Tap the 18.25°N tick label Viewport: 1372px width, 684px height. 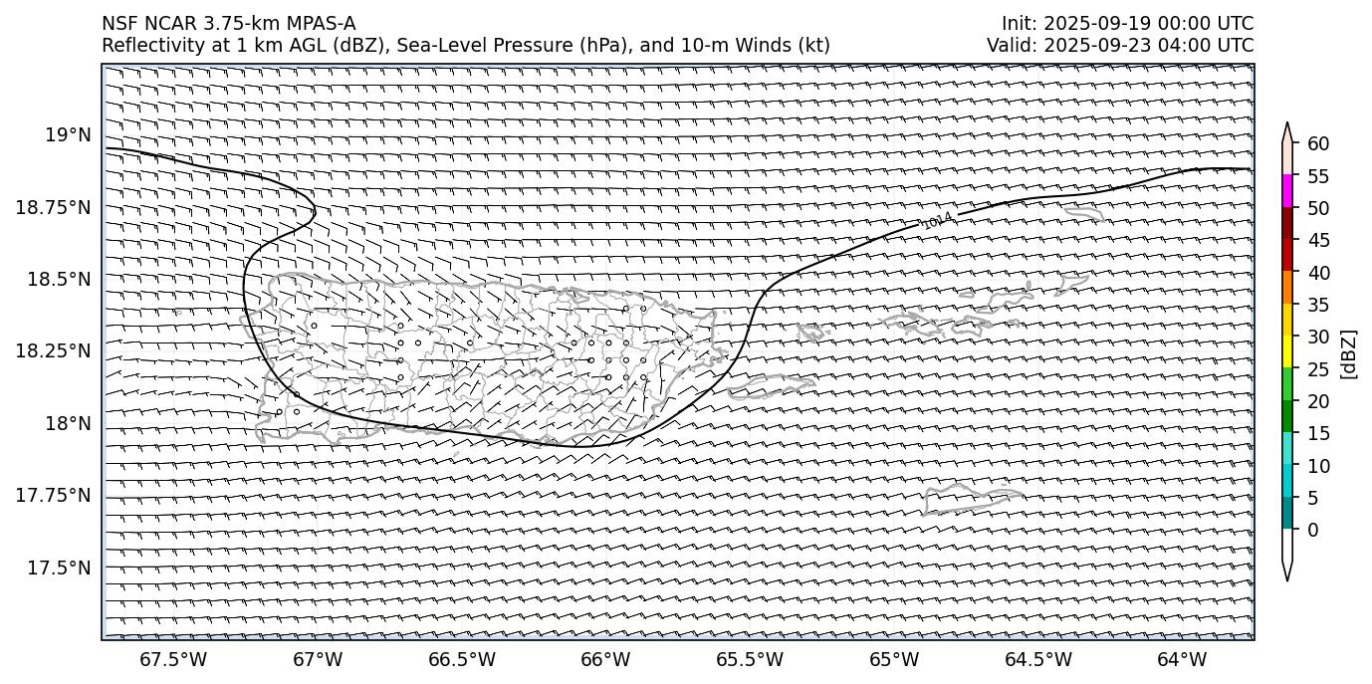[54, 351]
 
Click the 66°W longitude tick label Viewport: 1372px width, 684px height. [605, 660]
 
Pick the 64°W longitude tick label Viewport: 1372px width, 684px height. [1182, 660]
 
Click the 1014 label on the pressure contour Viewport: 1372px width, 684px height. [937, 220]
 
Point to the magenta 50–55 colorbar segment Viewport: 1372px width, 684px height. [1287, 191]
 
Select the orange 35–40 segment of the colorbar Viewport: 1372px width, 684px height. [1287, 288]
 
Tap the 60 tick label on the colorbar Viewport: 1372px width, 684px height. [1318, 144]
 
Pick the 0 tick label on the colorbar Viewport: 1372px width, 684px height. [1312, 530]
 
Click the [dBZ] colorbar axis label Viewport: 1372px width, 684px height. [1350, 353]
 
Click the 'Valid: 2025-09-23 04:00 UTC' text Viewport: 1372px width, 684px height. [1120, 45]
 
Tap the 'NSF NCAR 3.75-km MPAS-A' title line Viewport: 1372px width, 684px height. [228, 24]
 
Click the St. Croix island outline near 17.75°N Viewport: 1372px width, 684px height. [971, 499]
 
